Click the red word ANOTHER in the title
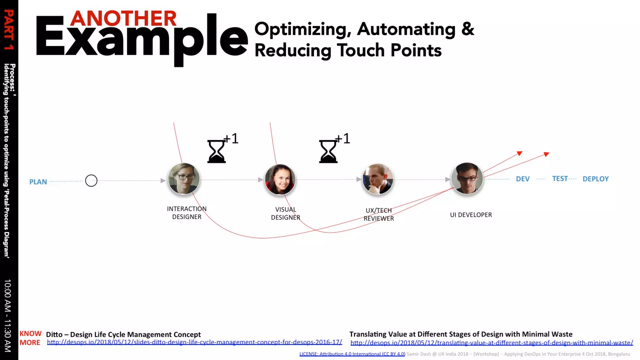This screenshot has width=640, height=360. pos(123,19)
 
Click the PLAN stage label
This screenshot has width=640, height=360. pos(38,182)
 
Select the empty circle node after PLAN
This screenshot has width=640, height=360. pos(91,181)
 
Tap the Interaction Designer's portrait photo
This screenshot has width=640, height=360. pos(184,179)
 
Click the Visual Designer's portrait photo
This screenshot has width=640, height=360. pos(280,180)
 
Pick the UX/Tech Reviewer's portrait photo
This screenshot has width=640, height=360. pos(378,179)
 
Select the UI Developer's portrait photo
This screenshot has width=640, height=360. pos(467,178)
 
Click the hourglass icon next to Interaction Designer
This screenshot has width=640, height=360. pos(216,152)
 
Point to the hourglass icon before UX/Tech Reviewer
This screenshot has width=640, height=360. pos(328,152)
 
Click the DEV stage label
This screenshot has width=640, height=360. pos(522,179)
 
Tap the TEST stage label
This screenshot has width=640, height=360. pos(560,178)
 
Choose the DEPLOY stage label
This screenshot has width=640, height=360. pos(595,179)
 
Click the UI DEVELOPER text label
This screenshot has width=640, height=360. pos(471,215)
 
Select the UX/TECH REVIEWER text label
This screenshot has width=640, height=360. pos(378,214)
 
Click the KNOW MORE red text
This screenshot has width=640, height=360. pos(30,338)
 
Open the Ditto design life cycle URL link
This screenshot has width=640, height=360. pos(194,342)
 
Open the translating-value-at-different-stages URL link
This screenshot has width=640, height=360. pos(492,343)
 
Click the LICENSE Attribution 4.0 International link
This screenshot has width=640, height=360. pos(352,354)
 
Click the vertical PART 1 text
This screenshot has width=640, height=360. pos(9,30)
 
